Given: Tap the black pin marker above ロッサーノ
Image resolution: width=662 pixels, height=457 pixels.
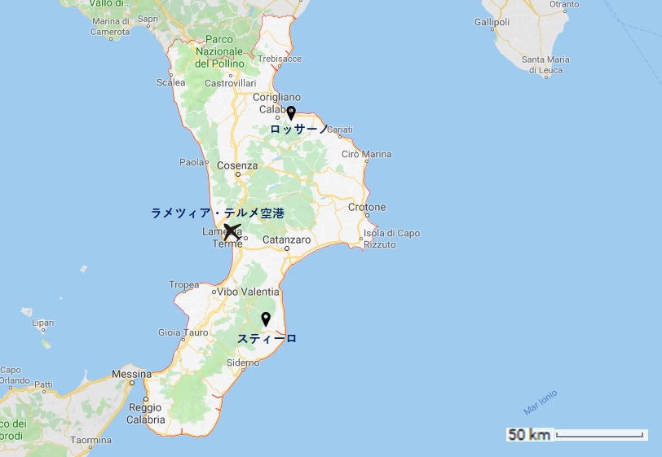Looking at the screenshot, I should point(290,113).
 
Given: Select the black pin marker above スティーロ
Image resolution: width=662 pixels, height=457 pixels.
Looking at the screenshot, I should point(265,319).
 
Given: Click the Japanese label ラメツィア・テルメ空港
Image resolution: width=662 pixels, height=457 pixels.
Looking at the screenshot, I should point(218,213).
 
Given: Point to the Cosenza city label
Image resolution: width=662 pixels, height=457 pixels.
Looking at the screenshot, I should point(237,166).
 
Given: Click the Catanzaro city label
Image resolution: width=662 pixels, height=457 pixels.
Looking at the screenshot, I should point(286,240).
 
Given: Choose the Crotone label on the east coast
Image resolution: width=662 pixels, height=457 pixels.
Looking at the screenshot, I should point(367,208).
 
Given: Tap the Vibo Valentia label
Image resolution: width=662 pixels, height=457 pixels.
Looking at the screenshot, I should point(249,292).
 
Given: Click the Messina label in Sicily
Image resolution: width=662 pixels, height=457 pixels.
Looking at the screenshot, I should point(132,375).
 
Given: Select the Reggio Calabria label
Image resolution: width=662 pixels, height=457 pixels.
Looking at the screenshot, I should point(146,414).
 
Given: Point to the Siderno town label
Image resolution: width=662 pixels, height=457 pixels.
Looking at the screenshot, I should point(243,363).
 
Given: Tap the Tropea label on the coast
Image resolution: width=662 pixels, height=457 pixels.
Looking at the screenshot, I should point(184,285).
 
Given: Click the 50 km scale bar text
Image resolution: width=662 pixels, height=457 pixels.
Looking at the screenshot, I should point(529,435).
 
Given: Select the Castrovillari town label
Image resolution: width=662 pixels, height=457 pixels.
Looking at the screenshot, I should point(230,83).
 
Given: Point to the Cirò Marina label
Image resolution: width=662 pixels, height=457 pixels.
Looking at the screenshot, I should point(366,154).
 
